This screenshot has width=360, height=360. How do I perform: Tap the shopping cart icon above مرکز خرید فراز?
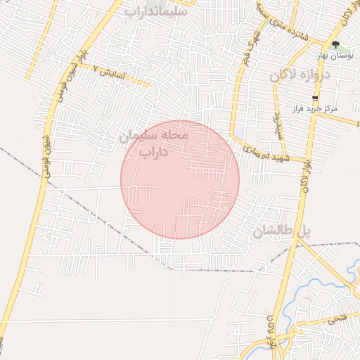tap(315, 98)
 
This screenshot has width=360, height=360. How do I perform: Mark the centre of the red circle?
tap(180, 179)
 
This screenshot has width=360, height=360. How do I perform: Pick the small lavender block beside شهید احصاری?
tap(240, 131)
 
